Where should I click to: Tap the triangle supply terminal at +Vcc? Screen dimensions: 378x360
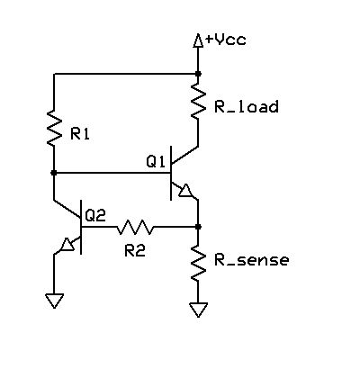point(198,40)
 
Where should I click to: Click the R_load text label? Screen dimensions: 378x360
point(245,107)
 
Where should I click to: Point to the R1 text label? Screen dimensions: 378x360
point(80,134)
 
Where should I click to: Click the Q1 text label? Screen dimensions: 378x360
point(157,162)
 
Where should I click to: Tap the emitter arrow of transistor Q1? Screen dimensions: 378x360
point(186,191)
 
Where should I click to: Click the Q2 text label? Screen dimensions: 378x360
point(95,215)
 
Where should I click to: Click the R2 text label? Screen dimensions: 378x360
point(134,250)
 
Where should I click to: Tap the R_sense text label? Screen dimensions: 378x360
point(251,261)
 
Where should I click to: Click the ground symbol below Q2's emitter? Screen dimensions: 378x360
point(54,301)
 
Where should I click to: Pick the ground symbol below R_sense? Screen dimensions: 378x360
point(198,310)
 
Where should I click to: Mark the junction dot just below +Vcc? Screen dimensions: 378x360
point(198,74)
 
